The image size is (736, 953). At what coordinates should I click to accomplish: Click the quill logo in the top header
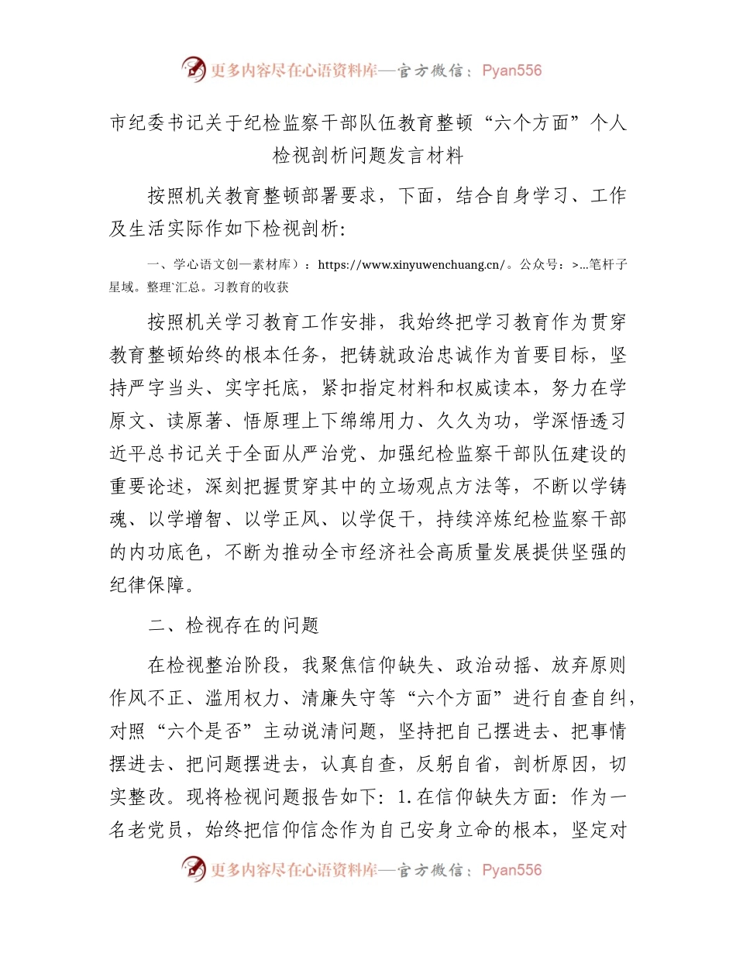click(x=194, y=70)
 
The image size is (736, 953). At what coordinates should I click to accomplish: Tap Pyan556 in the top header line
click(x=511, y=71)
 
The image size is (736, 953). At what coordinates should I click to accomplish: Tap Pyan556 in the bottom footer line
click(x=511, y=870)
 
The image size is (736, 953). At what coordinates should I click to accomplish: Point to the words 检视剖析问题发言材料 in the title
click(x=368, y=156)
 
